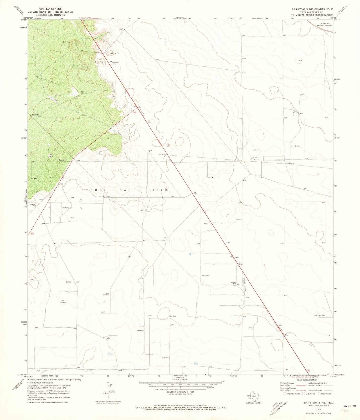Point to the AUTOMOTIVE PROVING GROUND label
coord(326,24)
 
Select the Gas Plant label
coord(162,155)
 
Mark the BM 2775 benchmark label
coord(286,335)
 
